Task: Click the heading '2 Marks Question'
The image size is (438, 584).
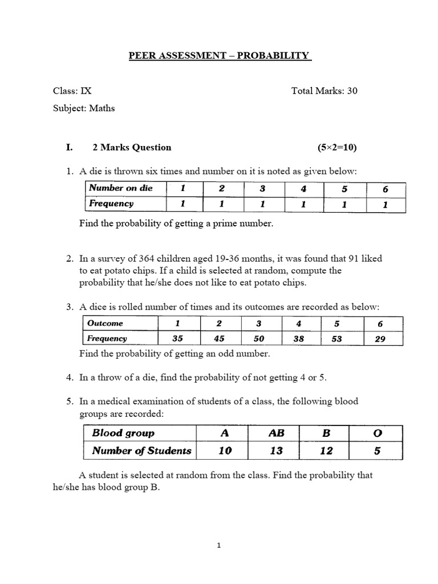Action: (132, 147)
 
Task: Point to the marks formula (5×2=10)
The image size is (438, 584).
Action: (337, 147)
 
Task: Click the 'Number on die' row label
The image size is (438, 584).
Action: (120, 188)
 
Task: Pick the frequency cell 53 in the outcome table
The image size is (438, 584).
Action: (337, 338)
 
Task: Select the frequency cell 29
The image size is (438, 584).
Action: (380, 338)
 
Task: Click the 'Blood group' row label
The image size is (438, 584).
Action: (123, 433)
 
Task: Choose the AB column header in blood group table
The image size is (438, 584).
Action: (276, 433)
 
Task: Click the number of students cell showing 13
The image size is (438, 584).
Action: (276, 451)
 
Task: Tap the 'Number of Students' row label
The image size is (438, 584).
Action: (141, 451)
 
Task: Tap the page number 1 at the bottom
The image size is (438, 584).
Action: (219, 545)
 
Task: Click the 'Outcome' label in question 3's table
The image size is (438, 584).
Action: (105, 323)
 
